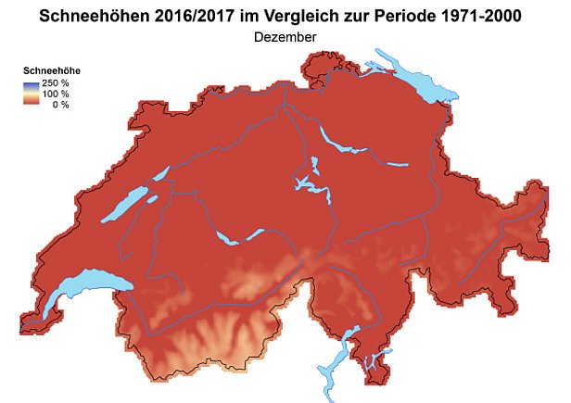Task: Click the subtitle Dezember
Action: point(285,37)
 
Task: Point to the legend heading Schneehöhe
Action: point(47,71)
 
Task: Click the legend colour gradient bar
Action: point(32,93)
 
